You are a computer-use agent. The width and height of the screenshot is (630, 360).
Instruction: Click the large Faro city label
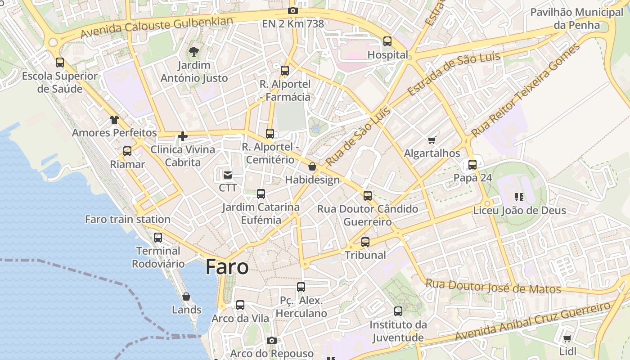click(x=227, y=267)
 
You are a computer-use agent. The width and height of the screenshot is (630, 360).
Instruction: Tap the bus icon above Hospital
click(x=387, y=41)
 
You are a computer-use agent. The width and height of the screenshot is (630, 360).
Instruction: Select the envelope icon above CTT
click(x=228, y=175)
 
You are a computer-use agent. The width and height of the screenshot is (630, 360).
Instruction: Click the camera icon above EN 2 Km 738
click(x=293, y=10)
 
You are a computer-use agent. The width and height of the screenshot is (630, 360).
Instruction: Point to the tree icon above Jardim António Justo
click(x=194, y=51)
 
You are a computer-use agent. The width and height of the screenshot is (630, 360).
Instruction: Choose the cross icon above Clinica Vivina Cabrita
click(x=183, y=136)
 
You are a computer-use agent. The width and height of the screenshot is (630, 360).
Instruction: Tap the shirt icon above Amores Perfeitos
click(x=114, y=120)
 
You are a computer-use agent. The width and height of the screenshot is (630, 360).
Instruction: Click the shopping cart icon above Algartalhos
click(x=432, y=140)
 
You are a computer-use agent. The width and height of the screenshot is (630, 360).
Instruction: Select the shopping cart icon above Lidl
click(x=567, y=338)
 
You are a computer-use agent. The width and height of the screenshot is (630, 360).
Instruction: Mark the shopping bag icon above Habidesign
click(x=312, y=167)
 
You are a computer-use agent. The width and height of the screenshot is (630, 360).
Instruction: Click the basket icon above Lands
click(x=186, y=297)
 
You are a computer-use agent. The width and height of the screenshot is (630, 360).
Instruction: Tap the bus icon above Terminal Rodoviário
click(x=158, y=238)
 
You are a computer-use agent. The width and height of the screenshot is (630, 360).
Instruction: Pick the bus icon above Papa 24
click(x=472, y=165)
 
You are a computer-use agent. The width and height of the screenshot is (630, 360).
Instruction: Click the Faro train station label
click(x=128, y=220)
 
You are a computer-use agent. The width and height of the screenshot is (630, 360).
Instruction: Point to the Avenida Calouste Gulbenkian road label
click(x=157, y=27)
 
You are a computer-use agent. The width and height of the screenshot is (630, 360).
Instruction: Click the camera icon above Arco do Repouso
click(x=271, y=340)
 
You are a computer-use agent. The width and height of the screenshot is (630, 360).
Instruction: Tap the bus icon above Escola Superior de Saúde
click(x=60, y=63)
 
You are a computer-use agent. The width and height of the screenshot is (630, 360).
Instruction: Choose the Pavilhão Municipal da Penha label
click(x=577, y=18)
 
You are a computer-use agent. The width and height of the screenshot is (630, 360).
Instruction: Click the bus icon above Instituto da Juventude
click(x=398, y=311)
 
